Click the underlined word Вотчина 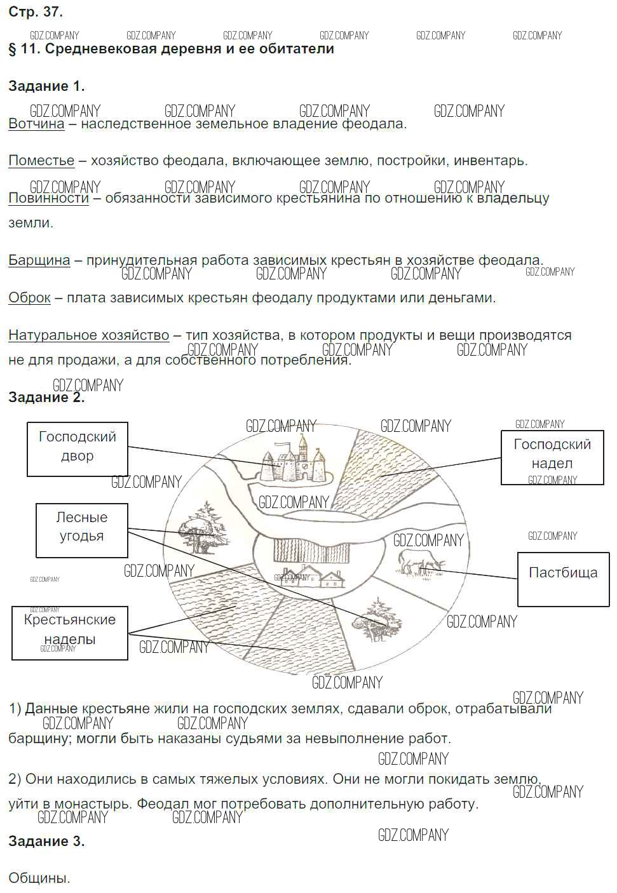36,124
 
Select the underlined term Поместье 41,161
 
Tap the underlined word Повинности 48,198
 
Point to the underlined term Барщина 39,260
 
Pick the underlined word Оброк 29,298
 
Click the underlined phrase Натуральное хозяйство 89,335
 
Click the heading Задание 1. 46,86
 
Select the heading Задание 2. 46,398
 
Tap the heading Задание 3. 46,842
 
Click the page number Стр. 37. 36,11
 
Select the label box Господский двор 78,449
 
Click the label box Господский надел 552,457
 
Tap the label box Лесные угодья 82,530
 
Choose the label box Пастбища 563,579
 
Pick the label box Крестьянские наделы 70,633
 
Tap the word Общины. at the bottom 39,879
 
